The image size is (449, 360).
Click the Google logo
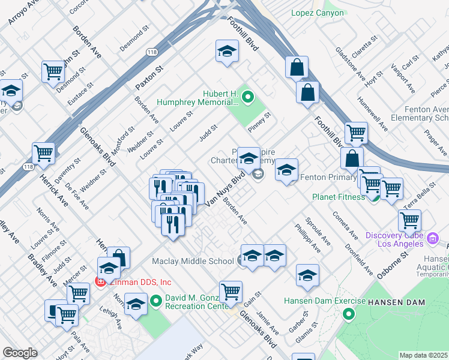20,353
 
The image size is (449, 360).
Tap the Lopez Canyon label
318,13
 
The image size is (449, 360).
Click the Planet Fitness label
338,197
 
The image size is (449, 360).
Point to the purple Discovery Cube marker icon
433,240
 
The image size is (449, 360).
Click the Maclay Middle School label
193,261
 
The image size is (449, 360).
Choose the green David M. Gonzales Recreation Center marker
156,299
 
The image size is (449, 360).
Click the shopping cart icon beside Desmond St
53,71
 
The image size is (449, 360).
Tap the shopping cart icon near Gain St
231,292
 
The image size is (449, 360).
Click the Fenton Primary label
328,178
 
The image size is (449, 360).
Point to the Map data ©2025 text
424,355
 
